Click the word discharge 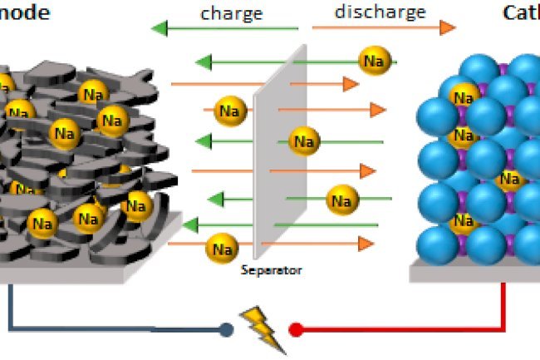click(380, 12)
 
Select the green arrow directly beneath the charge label click(224, 30)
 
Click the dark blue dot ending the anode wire click(225, 330)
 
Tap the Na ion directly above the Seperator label click(221, 247)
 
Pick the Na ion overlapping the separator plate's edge click(303, 141)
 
